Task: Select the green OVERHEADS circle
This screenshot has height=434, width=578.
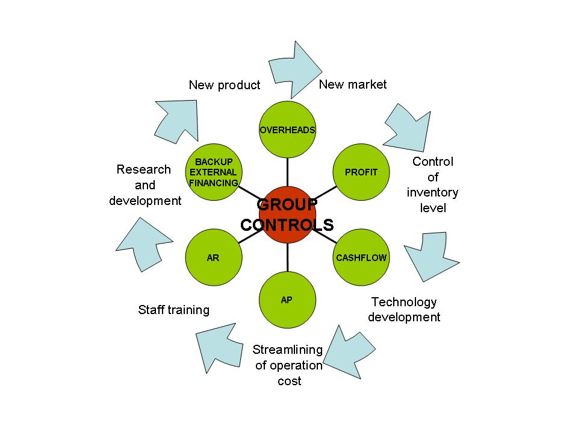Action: point(287,130)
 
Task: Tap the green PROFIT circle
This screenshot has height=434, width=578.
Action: point(361,172)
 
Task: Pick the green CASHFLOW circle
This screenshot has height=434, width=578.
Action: point(361,257)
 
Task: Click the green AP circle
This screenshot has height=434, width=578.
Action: point(287,300)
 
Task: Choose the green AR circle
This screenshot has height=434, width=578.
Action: point(213,257)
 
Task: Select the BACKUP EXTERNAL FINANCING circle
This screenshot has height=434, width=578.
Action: point(213,172)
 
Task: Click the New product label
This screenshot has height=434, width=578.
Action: point(225,85)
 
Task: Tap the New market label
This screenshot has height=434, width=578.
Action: point(353,84)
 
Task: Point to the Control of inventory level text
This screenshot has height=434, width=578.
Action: point(432,185)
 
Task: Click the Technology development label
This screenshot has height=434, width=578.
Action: point(404,309)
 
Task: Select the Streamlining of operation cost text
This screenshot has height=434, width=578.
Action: point(288,365)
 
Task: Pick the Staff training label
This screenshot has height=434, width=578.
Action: point(173,310)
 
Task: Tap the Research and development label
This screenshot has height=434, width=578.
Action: point(144,185)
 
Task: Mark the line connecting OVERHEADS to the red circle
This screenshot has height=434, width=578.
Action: point(287,172)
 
